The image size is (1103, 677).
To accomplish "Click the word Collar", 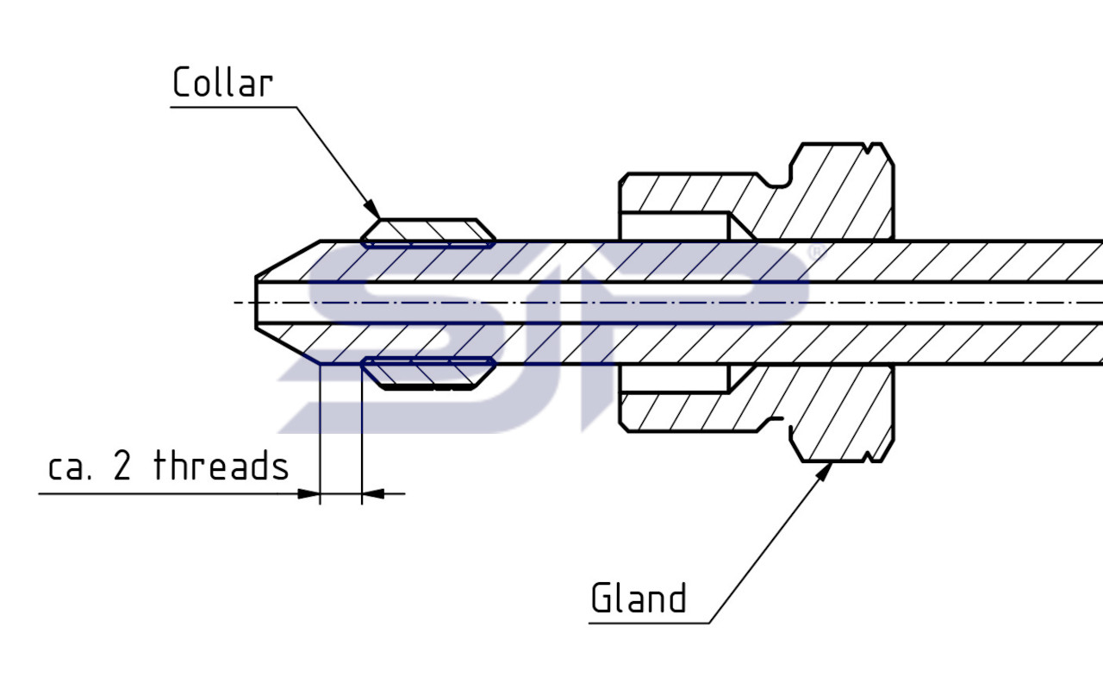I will [x=222, y=83].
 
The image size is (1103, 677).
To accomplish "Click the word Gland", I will [x=639, y=598].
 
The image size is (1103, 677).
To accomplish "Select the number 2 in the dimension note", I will [x=122, y=467].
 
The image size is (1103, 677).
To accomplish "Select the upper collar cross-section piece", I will [x=428, y=231].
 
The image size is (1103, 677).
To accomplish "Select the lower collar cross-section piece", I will [x=428, y=373].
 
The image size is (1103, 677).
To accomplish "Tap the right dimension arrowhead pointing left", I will [x=372, y=494].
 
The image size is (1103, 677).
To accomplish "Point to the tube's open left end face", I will [x=256, y=302].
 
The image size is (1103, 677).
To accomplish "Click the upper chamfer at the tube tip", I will [x=288, y=258].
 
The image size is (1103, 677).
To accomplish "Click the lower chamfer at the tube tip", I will [x=288, y=347].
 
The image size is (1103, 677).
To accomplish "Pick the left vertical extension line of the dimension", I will [x=320, y=431].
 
